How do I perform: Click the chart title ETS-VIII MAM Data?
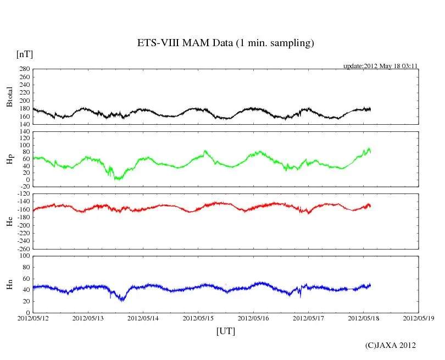(225, 43)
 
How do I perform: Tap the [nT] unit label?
(24, 54)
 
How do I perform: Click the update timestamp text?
(381, 66)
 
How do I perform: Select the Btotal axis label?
(9, 97)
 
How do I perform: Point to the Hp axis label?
(9, 159)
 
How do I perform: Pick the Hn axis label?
(9, 284)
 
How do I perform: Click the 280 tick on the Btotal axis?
(24, 69)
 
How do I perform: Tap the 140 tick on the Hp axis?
(24, 131)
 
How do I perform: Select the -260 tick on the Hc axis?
(22, 248)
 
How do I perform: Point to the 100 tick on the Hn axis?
(24, 256)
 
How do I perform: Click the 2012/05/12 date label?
(32, 318)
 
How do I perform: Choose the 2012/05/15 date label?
(198, 318)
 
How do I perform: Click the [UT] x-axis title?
(226, 331)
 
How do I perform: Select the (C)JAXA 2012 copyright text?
(390, 345)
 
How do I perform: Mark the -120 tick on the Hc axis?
(22, 194)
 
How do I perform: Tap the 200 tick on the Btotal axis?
(24, 101)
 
